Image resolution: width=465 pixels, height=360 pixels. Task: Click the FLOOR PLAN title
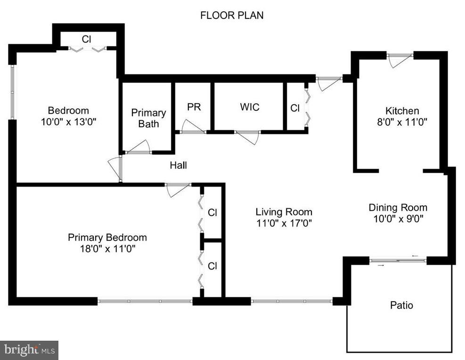pos(232,15)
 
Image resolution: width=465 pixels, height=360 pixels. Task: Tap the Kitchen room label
pos(402,111)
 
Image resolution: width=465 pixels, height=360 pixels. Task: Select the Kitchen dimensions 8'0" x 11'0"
pos(402,122)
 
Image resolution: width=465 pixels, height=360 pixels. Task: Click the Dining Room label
pos(398,207)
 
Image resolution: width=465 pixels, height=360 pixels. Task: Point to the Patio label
pos(401,305)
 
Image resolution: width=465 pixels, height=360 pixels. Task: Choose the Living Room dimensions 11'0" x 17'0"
pos(284,223)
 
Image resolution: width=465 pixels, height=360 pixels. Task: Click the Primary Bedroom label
pos(107,237)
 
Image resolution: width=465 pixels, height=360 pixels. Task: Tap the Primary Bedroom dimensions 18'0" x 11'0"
pos(107,248)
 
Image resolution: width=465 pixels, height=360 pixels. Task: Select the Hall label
pos(178,165)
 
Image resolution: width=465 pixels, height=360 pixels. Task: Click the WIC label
pos(250,107)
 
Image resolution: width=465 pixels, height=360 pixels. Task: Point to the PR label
pos(194,107)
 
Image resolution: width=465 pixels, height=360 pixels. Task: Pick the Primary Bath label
pos(148,118)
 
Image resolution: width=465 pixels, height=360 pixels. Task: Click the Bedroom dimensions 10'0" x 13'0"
pos(69,122)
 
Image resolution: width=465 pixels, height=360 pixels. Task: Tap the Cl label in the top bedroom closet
pos(86,39)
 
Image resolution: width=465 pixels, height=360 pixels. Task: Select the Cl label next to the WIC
pos(295,108)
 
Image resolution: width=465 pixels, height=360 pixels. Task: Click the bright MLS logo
pos(29,350)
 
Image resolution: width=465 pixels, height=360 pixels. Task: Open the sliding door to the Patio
pos(398,261)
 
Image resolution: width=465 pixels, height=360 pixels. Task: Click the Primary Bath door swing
pos(138,147)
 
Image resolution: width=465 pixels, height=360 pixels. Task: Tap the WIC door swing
pos(248,138)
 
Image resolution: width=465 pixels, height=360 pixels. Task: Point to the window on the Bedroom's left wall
pos(12,92)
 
